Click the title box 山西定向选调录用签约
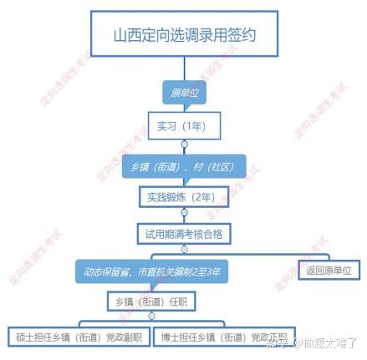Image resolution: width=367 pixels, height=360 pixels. (x=184, y=33)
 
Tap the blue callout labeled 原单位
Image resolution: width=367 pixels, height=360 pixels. (x=185, y=93)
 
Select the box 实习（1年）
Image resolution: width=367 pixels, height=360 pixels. (x=184, y=126)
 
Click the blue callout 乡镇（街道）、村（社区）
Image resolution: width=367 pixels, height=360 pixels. (x=184, y=166)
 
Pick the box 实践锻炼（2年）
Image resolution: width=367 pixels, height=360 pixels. (x=184, y=197)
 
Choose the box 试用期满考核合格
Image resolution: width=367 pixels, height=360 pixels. (x=184, y=234)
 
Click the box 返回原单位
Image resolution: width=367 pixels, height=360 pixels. (x=329, y=270)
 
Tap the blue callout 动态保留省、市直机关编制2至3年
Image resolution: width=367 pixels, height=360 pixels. (x=152, y=271)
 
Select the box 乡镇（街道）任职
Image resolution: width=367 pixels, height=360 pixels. (x=151, y=302)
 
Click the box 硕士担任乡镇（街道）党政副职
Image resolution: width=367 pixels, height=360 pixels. (x=79, y=337)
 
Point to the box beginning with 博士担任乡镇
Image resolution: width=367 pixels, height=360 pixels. (x=224, y=337)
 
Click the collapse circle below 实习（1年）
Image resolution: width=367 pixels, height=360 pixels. (x=184, y=145)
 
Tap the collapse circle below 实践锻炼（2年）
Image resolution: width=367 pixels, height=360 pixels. (x=184, y=212)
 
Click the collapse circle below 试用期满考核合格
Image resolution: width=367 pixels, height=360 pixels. (x=184, y=249)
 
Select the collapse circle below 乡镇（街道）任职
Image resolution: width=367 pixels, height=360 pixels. (x=151, y=317)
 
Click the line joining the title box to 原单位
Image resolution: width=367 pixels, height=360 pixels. (x=184, y=68)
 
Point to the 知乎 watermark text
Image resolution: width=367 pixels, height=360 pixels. (x=276, y=342)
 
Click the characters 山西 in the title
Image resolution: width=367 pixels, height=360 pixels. (x=127, y=35)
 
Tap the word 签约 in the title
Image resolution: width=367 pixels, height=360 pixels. (x=242, y=35)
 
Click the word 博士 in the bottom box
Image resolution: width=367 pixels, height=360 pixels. (x=170, y=337)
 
